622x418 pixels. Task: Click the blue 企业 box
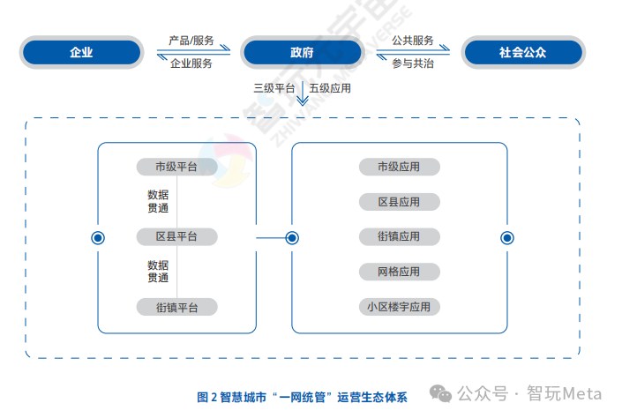(x=81, y=52)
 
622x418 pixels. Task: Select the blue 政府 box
(x=302, y=52)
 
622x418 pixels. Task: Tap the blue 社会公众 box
(x=522, y=52)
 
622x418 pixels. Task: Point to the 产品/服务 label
(x=191, y=41)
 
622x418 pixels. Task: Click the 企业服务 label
(x=191, y=63)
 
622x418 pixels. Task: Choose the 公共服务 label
(x=412, y=41)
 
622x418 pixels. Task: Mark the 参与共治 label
(x=412, y=63)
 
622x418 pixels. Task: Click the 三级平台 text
(x=274, y=88)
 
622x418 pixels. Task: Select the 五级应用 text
(x=330, y=88)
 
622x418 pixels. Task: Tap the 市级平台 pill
(x=176, y=167)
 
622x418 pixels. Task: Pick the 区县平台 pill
(x=176, y=236)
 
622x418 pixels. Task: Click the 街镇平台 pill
(x=176, y=307)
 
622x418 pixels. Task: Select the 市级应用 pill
(x=399, y=167)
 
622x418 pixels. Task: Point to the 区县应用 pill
(x=399, y=202)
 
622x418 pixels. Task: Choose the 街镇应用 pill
(x=399, y=236)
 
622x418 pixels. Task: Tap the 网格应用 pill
(x=399, y=272)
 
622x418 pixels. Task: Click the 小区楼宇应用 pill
(x=399, y=307)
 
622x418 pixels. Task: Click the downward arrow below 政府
(x=302, y=94)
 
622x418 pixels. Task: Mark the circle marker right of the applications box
(x=506, y=237)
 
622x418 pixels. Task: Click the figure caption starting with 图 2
(x=302, y=397)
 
